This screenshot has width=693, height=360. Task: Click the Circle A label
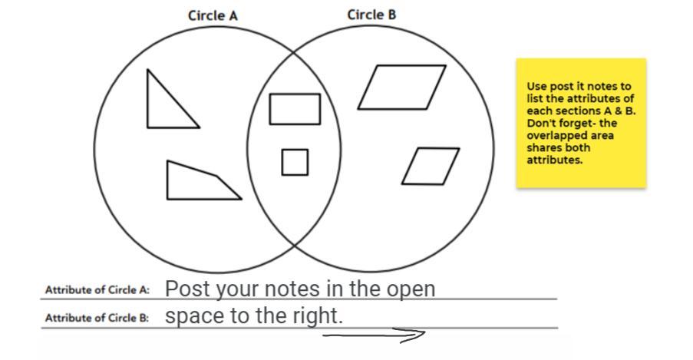(x=213, y=15)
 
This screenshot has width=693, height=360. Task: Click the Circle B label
(x=371, y=15)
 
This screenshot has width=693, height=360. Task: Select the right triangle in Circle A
(x=167, y=104)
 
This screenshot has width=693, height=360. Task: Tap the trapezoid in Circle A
(x=197, y=182)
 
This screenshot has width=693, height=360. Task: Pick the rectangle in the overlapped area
(x=295, y=108)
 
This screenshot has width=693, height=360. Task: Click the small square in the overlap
(x=295, y=162)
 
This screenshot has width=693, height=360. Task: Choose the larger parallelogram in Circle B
(x=401, y=87)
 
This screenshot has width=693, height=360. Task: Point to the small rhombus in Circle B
(x=430, y=166)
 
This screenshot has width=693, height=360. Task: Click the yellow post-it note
(x=580, y=123)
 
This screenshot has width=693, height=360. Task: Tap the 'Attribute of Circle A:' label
(x=97, y=290)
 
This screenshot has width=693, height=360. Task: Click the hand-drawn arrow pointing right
(x=374, y=335)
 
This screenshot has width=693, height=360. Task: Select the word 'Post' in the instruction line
(x=183, y=289)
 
